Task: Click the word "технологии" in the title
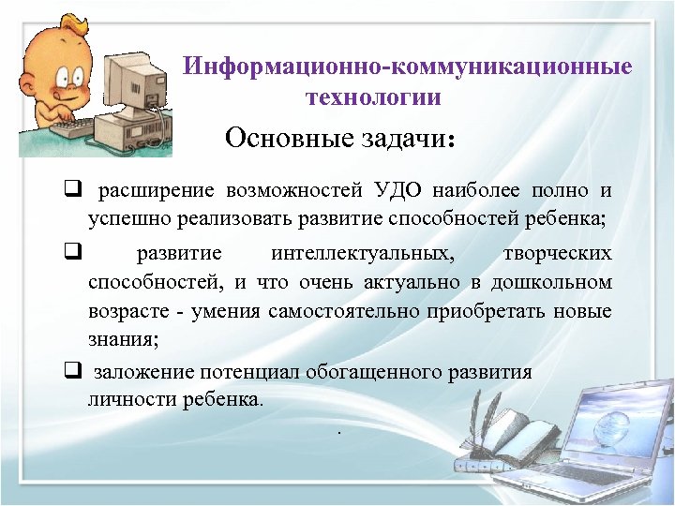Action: coord(372,97)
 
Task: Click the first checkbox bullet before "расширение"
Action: coord(70,191)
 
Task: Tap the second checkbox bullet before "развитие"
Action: coord(70,252)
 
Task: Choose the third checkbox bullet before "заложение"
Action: coord(70,372)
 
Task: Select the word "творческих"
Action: coord(557,253)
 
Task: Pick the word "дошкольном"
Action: coord(556,282)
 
